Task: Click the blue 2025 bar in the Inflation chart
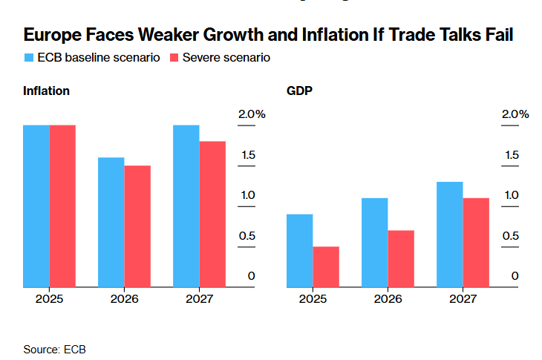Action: click(x=36, y=206)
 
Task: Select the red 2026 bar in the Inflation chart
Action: click(x=137, y=226)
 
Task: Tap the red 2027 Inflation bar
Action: click(x=212, y=214)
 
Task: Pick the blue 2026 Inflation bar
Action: click(x=111, y=222)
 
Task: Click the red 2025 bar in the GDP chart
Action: click(x=326, y=266)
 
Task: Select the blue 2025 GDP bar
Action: click(x=300, y=250)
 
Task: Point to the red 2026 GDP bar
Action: click(x=401, y=258)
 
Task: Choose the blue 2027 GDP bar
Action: click(x=450, y=234)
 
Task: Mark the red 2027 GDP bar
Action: click(x=476, y=242)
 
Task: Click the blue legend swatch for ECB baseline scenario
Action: click(x=28, y=57)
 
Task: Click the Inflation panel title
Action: click(x=46, y=91)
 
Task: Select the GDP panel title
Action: click(x=300, y=91)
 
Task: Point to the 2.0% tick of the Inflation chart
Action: click(x=251, y=114)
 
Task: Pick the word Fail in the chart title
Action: click(x=497, y=35)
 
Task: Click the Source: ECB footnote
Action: click(x=54, y=348)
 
